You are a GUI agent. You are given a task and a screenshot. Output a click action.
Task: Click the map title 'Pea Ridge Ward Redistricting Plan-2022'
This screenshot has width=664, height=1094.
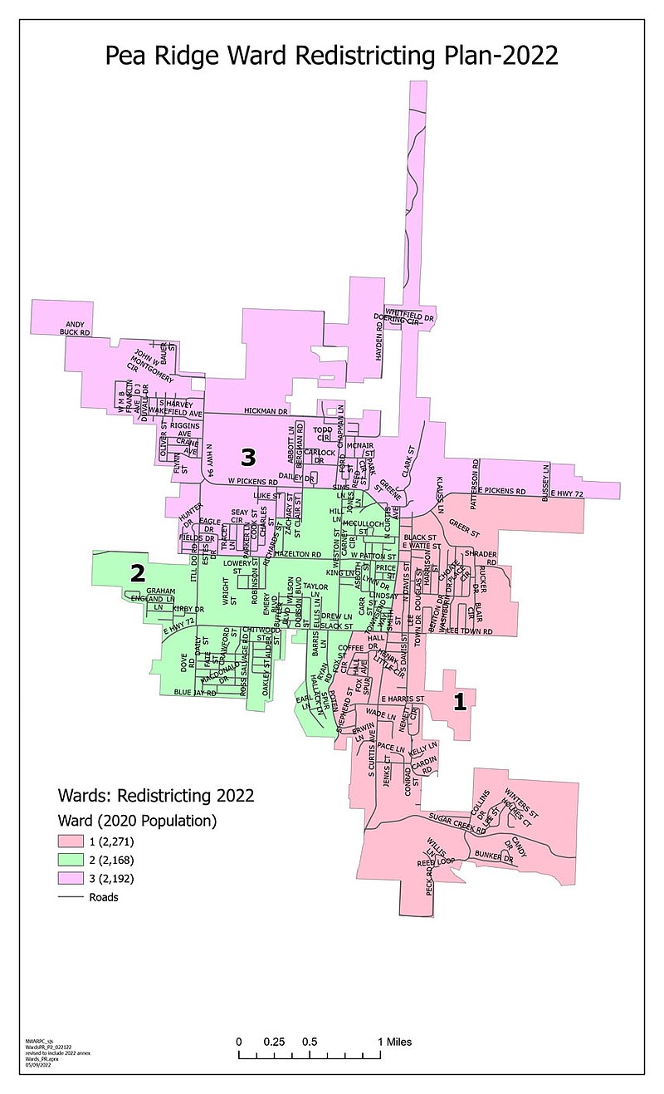(x=331, y=56)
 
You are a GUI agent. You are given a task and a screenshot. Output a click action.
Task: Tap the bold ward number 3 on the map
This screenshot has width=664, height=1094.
(x=248, y=456)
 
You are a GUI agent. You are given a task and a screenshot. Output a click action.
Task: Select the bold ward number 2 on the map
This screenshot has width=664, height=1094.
(x=138, y=572)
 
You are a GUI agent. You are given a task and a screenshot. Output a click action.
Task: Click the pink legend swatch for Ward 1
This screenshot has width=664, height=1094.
(x=70, y=843)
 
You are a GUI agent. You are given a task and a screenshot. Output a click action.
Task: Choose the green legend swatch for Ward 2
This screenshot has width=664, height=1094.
(x=70, y=861)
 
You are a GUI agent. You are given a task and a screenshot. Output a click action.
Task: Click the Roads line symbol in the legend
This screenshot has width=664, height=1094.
(x=70, y=896)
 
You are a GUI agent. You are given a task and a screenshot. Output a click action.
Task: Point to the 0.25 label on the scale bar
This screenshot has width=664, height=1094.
(x=274, y=1042)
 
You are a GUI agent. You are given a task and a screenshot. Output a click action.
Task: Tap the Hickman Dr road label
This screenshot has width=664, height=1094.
(x=265, y=411)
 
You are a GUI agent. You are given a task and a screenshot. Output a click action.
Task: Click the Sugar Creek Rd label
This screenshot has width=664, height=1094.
(x=456, y=823)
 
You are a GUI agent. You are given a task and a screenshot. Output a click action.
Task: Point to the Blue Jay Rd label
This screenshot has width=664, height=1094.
(x=194, y=691)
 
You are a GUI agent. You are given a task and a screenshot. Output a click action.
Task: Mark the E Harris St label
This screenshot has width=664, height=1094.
(x=403, y=699)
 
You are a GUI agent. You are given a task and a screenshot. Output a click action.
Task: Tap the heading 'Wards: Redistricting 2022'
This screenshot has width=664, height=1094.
(x=154, y=796)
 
